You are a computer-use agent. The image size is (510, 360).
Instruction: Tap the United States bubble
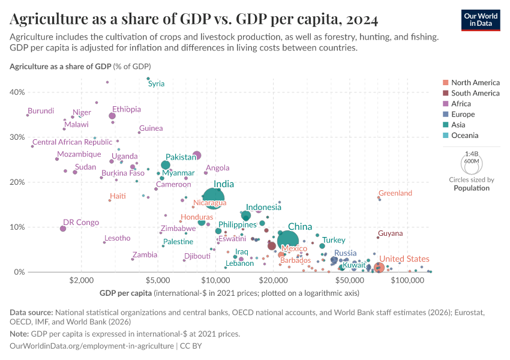pos(379,268)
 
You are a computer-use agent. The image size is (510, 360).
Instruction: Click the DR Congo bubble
pos(63,229)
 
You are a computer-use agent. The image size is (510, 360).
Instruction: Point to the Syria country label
pos(156,84)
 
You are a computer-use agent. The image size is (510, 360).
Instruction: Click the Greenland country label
pos(395,193)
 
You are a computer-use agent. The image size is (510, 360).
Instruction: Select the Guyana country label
pos(390,233)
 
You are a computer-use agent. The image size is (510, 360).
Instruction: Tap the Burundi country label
pos(41,111)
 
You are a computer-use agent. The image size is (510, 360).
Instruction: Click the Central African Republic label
pos(72,142)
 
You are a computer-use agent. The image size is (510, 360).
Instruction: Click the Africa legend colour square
pos(445,104)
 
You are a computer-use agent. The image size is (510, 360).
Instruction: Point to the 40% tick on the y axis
pos(17,92)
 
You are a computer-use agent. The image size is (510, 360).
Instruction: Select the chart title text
pos(194,20)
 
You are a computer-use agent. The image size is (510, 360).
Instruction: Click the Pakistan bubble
pos(166,165)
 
